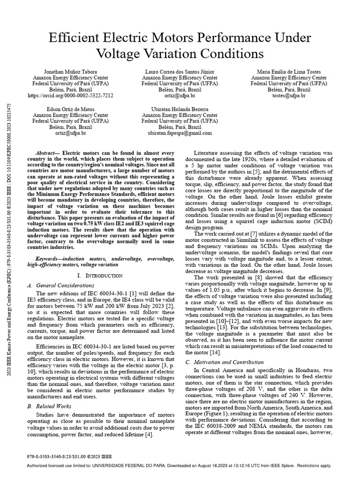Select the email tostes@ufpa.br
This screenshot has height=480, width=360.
pyautogui.click(x=289, y=95)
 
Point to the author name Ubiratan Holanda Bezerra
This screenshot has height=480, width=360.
pyautogui.click(x=180, y=109)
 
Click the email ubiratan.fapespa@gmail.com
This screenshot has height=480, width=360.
pyautogui.click(x=180, y=133)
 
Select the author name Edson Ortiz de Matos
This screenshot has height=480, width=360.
pyautogui.click(x=70, y=109)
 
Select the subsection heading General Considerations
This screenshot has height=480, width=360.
pyautogui.click(x=65, y=285)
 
